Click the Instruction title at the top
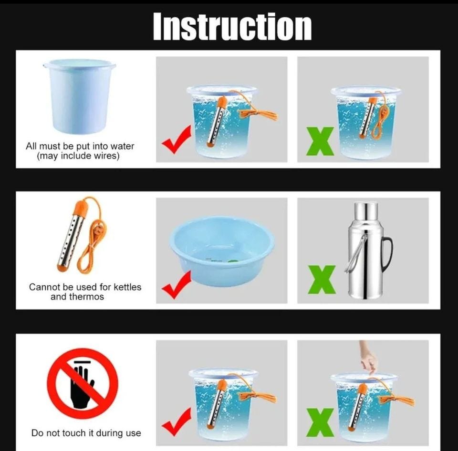click(x=232, y=26)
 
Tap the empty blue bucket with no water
click(x=79, y=96)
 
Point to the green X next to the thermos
click(x=322, y=279)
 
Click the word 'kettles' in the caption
click(x=127, y=287)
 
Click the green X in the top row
click(x=320, y=141)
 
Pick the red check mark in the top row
click(x=177, y=140)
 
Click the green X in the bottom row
click(x=320, y=422)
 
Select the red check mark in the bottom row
click(x=177, y=422)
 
